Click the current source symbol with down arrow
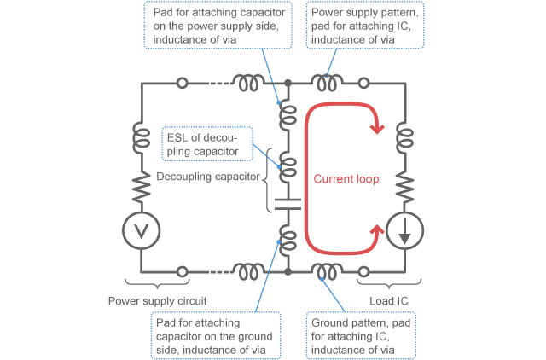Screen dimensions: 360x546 tap(404, 230)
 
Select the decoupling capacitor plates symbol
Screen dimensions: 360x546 tap(288, 206)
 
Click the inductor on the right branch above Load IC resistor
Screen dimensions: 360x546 tap(404, 136)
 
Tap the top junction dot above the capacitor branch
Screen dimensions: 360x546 tap(288, 84)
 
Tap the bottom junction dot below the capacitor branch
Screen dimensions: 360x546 tap(288, 271)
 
